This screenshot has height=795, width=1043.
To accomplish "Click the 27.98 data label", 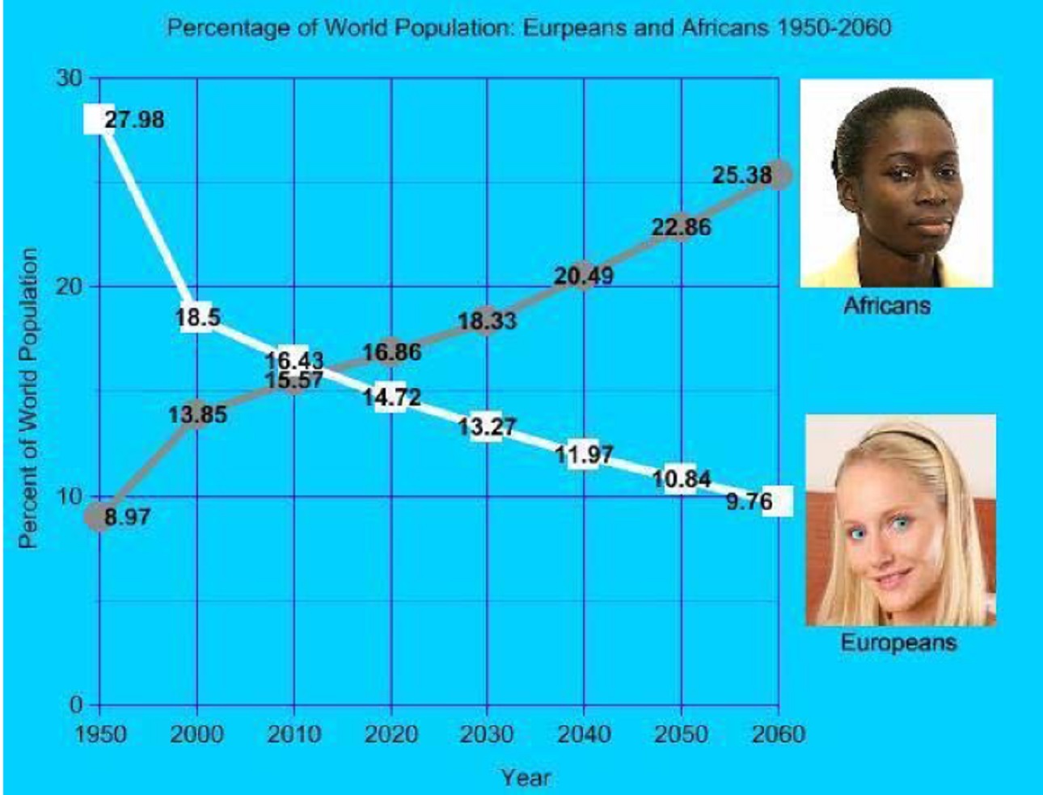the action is click(134, 120).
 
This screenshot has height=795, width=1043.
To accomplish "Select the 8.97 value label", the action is click(128, 517).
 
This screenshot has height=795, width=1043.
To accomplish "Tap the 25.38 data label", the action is click(742, 175).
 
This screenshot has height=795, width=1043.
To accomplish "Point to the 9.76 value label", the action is click(750, 502).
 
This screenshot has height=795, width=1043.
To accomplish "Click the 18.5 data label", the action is click(197, 317).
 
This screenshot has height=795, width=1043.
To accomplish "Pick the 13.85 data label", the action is click(197, 415).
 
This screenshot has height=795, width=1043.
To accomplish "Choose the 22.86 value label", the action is click(682, 226).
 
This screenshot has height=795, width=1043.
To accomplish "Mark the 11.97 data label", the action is click(584, 455).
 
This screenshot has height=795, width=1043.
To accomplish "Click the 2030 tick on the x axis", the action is click(487, 734).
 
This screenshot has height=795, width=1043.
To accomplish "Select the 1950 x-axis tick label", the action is click(101, 734).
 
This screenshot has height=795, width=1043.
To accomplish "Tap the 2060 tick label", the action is click(779, 734).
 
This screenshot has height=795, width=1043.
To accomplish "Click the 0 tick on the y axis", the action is click(76, 705).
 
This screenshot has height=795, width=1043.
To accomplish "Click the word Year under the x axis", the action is click(526, 778).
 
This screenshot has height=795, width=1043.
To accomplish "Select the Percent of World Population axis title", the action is click(28, 397).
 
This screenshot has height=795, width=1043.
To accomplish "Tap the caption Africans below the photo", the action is click(887, 305).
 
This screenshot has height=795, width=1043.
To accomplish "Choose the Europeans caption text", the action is click(898, 643).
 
